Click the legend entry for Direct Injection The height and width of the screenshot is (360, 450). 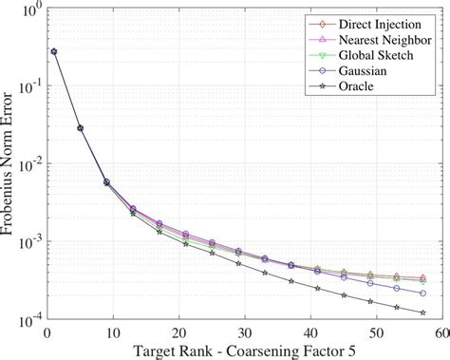click(x=378, y=21)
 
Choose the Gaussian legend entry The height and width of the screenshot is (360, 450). click(x=364, y=75)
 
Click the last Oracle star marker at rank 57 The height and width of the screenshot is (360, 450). click(x=422, y=313)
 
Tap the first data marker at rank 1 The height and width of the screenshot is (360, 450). click(x=53, y=51)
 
